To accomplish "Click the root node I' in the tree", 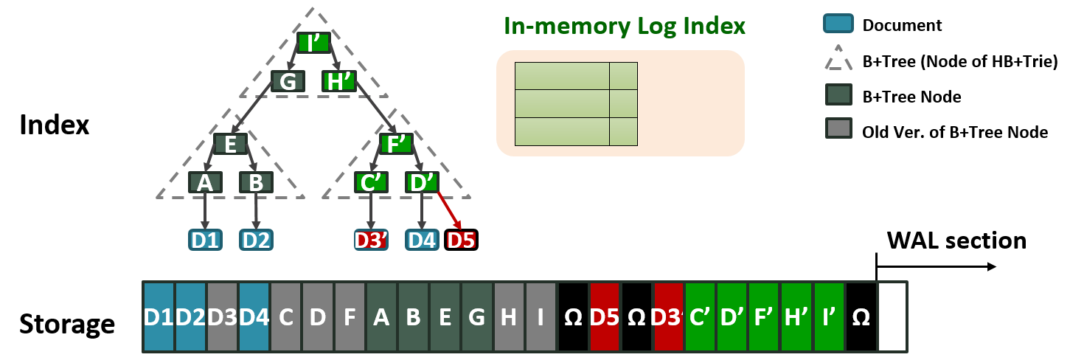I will click(314, 43).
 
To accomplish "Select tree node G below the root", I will click(288, 81).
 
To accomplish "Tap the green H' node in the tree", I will click(339, 81).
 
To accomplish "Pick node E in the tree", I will click(230, 144).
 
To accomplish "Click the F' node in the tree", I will click(396, 144).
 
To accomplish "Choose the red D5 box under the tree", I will click(461, 240).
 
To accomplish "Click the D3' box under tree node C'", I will click(371, 240).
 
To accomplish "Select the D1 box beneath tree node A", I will click(205, 240).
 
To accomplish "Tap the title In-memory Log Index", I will click(625, 27).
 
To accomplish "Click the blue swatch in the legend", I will click(838, 24).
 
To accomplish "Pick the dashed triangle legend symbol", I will click(838, 58).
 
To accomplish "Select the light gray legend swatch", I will click(838, 128).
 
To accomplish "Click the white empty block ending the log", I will click(892, 316).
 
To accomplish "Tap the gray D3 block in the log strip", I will click(223, 316).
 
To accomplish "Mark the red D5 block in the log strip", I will click(605, 316).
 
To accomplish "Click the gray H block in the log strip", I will click(509, 316).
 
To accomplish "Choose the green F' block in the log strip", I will click(765, 316).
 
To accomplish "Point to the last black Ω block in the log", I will click(861, 316).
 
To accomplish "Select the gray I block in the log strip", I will click(541, 316).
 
